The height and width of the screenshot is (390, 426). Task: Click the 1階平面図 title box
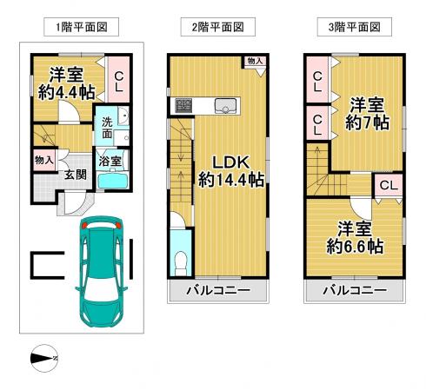[81, 27]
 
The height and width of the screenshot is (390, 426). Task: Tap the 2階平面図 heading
[218, 27]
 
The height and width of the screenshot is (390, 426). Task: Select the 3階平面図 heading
[355, 27]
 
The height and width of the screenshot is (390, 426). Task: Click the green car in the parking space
[102, 272]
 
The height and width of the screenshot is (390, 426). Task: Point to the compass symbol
[44, 358]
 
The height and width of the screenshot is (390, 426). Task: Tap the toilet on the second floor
[181, 263]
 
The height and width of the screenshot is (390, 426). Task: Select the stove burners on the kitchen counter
[183, 106]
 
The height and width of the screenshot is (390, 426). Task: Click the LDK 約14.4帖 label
[231, 171]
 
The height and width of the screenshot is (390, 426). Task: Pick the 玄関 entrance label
[76, 175]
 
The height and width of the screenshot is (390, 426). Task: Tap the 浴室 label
[110, 162]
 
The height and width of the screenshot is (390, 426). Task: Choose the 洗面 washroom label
[107, 128]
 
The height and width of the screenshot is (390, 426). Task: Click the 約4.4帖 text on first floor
[67, 92]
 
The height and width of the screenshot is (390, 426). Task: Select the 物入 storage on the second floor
[255, 61]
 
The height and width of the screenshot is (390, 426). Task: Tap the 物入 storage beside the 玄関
[44, 160]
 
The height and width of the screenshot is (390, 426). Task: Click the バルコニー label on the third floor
[355, 290]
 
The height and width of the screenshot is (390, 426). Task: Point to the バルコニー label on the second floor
[218, 290]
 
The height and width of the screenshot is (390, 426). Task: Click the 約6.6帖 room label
[355, 247]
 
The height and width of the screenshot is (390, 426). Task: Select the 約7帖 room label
[367, 123]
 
